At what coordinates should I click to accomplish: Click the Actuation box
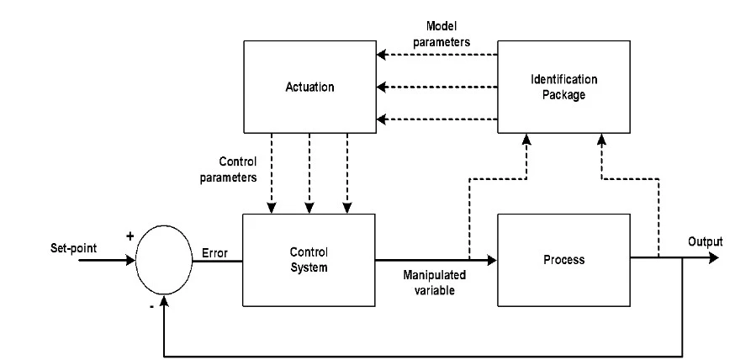[309, 87]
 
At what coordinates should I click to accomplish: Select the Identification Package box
[563, 87]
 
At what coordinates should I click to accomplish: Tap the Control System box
[309, 259]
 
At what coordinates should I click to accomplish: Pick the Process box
[563, 259]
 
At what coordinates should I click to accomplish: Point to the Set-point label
[73, 250]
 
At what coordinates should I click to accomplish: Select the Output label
[705, 242]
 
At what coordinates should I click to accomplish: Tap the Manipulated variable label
[434, 281]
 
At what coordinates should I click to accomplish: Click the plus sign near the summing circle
[130, 236]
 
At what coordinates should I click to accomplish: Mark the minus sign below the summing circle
[151, 306]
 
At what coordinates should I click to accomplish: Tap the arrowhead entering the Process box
[492, 259]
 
